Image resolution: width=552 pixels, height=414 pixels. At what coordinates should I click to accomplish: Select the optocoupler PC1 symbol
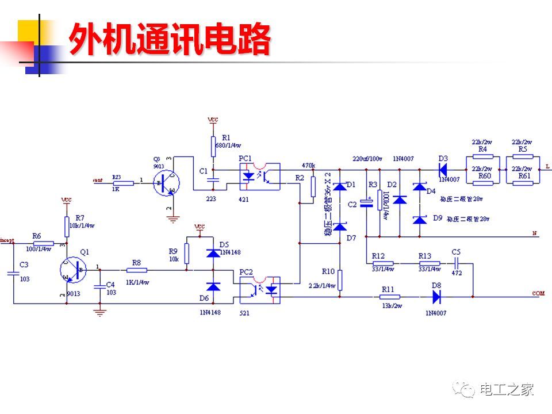260,177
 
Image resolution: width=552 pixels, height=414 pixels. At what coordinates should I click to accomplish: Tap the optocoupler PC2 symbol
260,290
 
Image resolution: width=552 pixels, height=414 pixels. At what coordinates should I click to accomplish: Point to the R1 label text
225,137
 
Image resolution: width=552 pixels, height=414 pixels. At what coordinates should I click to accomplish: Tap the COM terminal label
538,294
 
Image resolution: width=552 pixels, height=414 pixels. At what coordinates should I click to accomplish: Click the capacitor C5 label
456,252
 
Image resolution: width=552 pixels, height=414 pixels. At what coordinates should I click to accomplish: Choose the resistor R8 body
137,270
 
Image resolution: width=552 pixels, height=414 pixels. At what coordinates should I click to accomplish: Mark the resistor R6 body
43,243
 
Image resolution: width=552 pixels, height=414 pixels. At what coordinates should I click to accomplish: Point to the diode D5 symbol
213,254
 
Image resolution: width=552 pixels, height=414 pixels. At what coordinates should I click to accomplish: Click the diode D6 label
204,298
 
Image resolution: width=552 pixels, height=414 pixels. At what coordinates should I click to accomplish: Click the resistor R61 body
523,183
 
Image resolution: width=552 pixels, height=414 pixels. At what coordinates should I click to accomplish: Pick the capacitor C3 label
24,264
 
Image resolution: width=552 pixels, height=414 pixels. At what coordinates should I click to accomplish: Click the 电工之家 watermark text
507,390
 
